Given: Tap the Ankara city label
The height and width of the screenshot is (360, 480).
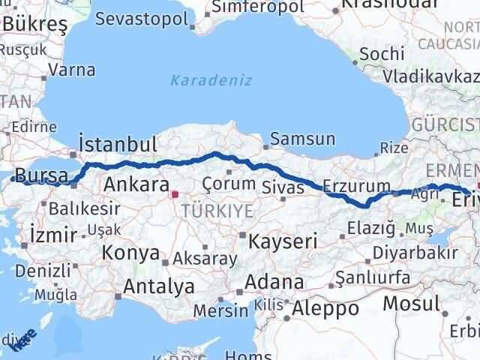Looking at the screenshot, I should click(136, 184).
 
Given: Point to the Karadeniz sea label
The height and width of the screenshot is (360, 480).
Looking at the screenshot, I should click(211, 80).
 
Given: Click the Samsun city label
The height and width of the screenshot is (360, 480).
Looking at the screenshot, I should click(302, 139).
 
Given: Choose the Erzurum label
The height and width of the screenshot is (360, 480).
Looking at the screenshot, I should click(357, 186).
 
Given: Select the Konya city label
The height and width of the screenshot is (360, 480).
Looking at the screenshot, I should click(131, 253).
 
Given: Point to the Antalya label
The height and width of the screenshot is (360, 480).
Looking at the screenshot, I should click(158, 286).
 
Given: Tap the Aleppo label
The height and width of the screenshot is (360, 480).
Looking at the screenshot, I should click(325, 307).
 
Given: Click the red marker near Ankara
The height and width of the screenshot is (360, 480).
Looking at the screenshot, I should click(175, 194).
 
